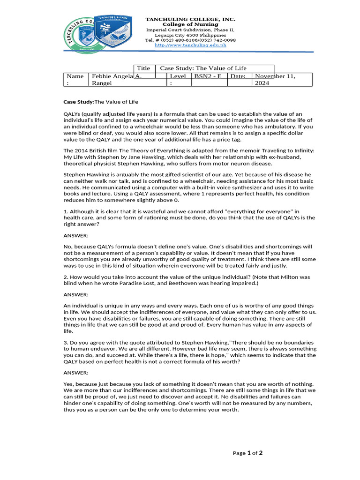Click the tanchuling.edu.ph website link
[x=190, y=45]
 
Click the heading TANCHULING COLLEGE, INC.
[x=190, y=19]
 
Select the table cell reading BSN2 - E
[x=209, y=76]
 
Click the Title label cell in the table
[x=143, y=68]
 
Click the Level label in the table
[x=178, y=76]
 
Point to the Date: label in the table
[x=238, y=76]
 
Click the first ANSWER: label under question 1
[x=75, y=235]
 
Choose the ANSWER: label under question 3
[x=75, y=373]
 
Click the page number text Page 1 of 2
[x=247, y=453]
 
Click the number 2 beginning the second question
[x=65, y=277]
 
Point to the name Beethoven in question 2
[x=207, y=283]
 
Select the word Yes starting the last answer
[x=68, y=384]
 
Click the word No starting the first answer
[x=67, y=247]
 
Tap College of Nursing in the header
[x=190, y=24]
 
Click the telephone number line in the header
[x=190, y=40]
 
